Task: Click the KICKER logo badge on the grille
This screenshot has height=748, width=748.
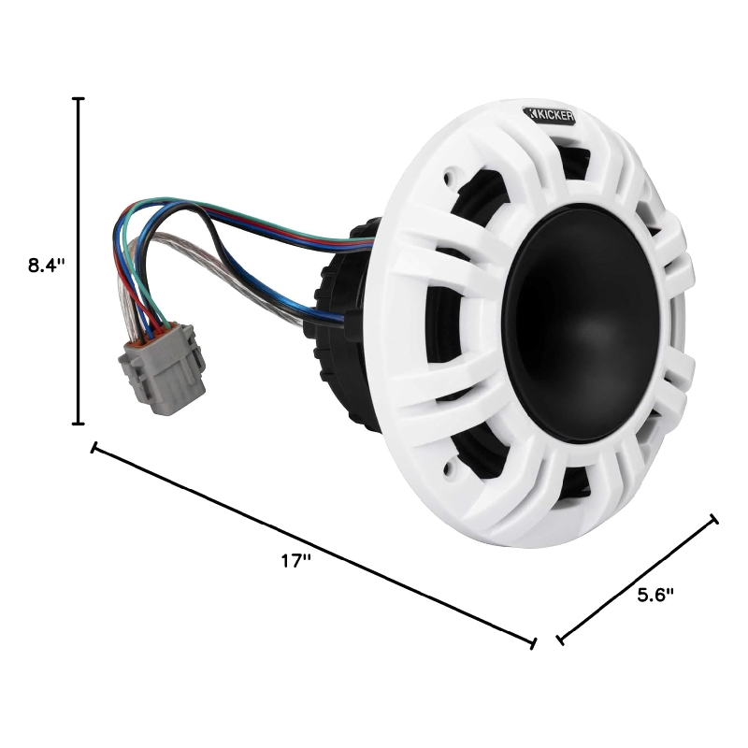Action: [x=550, y=115]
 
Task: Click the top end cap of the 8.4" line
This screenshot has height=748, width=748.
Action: [x=79, y=98]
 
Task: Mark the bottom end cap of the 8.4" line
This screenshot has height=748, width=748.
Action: [x=79, y=424]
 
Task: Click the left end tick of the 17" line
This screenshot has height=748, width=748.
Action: [x=93, y=448]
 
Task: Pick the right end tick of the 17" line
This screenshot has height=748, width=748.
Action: [x=533, y=643]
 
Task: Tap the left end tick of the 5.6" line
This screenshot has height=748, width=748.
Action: [x=559, y=640]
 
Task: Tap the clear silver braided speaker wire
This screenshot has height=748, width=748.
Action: [x=234, y=271]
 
